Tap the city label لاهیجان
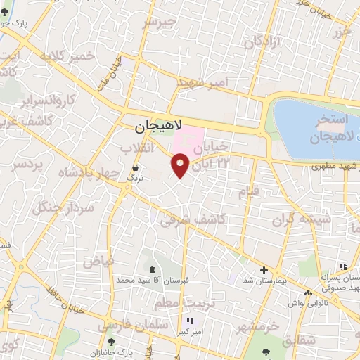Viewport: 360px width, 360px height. coord(159,127)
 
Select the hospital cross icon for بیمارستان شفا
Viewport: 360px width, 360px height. coord(264,270)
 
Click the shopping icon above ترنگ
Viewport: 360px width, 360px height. coord(134,168)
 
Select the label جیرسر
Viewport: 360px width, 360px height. coord(157,22)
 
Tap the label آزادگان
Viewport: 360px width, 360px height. coord(261,42)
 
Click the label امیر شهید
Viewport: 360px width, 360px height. coord(202,84)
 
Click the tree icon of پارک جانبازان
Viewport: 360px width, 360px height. coord(111,342)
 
